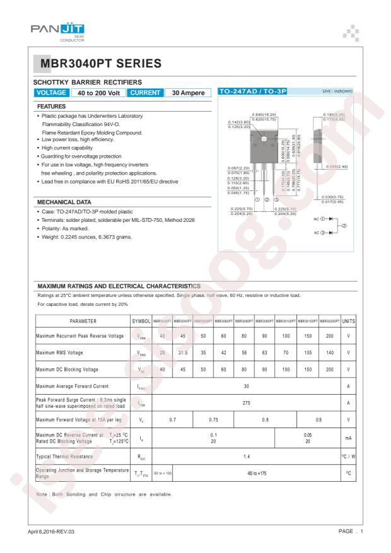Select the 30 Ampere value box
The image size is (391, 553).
coord(187,93)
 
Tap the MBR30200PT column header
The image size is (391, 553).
coord(329,321)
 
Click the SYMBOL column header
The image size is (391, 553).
coord(141,321)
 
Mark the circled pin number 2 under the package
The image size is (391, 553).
coord(267,200)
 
